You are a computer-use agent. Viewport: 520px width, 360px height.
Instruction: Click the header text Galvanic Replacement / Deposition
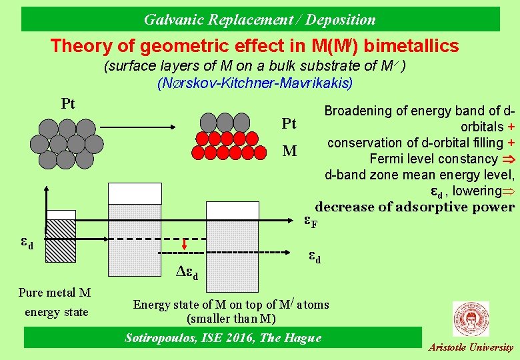[259, 19]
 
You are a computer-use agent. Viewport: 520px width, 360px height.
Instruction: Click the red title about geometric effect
[255, 46]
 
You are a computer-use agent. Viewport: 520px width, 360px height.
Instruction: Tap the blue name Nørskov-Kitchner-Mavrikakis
[255, 84]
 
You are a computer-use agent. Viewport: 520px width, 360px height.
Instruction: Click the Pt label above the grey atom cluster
[68, 104]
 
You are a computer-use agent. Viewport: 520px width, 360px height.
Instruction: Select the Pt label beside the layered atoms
[289, 124]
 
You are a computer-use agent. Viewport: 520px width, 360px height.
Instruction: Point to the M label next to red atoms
[289, 151]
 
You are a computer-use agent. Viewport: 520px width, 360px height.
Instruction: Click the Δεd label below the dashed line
[191, 272]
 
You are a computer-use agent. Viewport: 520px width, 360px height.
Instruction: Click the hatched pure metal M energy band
[61, 249]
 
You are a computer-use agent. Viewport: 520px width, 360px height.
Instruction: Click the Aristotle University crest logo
[470, 319]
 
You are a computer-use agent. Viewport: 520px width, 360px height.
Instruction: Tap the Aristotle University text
[471, 347]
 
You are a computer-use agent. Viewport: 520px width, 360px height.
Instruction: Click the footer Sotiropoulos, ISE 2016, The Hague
[223, 338]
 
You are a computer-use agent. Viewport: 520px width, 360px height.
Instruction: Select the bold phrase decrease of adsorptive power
[414, 207]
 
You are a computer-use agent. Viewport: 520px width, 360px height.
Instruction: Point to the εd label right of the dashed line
[313, 257]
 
